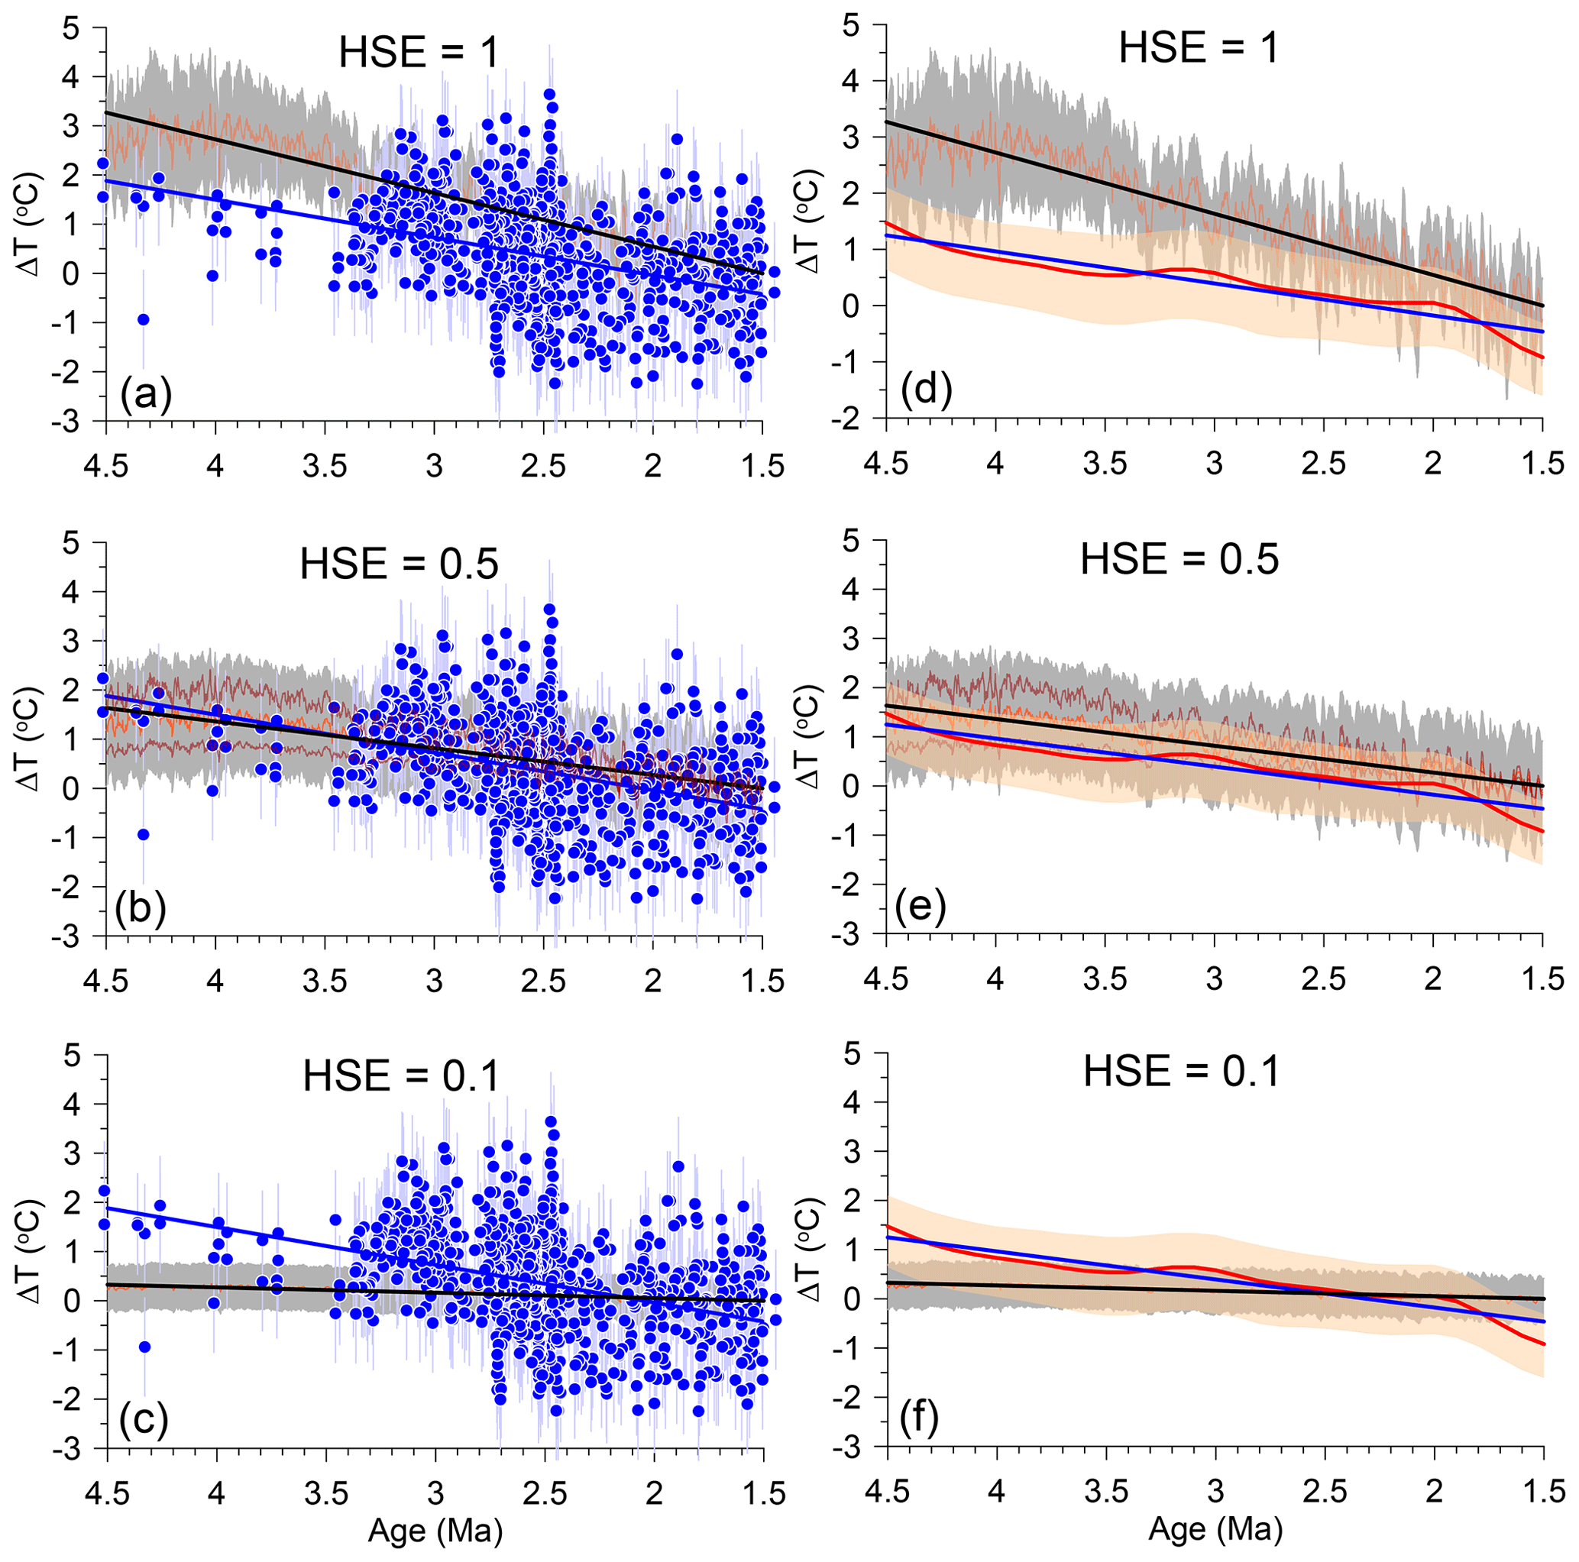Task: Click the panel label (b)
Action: [x=141, y=909]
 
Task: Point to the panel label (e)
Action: [x=921, y=906]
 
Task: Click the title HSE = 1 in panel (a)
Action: [x=419, y=53]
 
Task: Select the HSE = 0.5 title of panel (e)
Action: [x=1179, y=560]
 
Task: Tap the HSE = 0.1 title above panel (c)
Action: [x=400, y=1075]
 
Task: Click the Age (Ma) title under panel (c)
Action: [x=435, y=1529]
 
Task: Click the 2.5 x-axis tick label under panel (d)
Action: [x=1324, y=463]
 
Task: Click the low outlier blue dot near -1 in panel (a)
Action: [x=143, y=319]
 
